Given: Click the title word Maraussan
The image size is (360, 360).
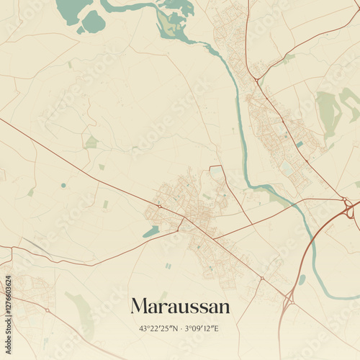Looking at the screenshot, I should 180,307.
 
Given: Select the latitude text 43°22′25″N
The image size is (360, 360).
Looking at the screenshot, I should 156,329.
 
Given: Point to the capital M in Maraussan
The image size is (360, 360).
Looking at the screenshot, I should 138,307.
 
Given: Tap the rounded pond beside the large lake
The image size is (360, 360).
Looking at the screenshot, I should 93,22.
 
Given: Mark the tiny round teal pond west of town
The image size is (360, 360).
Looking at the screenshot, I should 63,185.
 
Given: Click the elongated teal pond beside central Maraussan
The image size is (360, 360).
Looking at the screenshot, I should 151,232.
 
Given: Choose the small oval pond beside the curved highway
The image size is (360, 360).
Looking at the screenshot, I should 302,279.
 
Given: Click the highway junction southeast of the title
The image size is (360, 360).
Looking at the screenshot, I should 290,299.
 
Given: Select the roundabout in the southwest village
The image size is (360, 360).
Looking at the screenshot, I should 48,310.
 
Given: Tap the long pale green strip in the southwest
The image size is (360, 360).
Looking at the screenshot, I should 81,313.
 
